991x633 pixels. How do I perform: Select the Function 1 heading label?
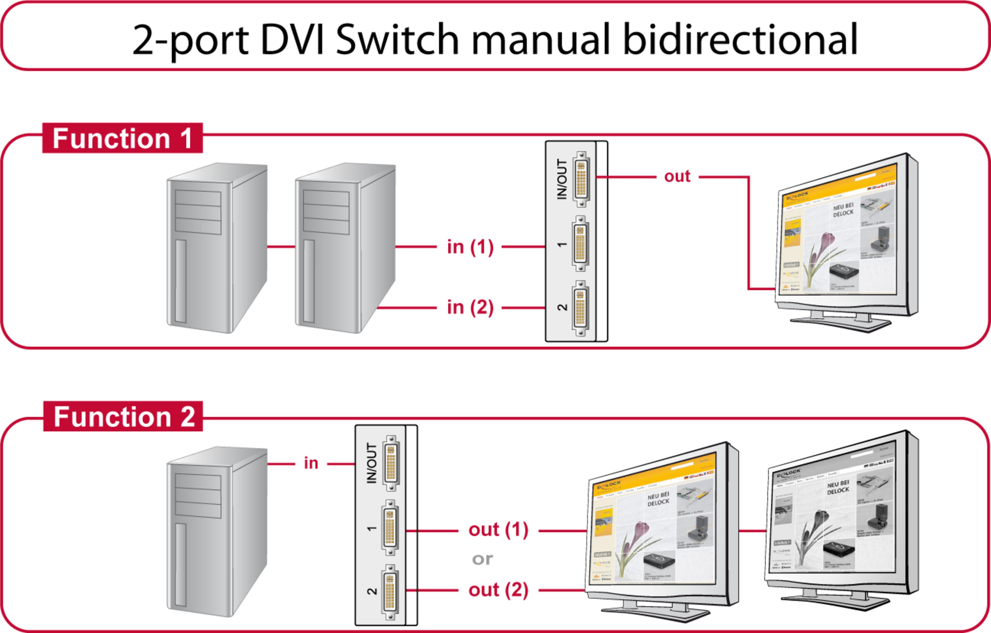click(x=122, y=138)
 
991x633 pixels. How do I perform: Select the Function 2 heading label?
click(x=123, y=416)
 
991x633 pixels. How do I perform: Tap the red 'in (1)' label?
click(x=470, y=247)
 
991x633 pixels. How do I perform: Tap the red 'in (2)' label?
click(x=470, y=307)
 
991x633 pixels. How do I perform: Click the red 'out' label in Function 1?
click(x=677, y=177)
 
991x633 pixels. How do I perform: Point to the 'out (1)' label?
click(x=498, y=530)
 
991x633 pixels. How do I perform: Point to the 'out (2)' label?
click(x=498, y=590)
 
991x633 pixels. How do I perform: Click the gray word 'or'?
click(x=482, y=559)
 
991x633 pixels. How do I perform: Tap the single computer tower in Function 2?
click(x=217, y=532)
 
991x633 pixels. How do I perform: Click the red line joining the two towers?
click(x=281, y=247)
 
